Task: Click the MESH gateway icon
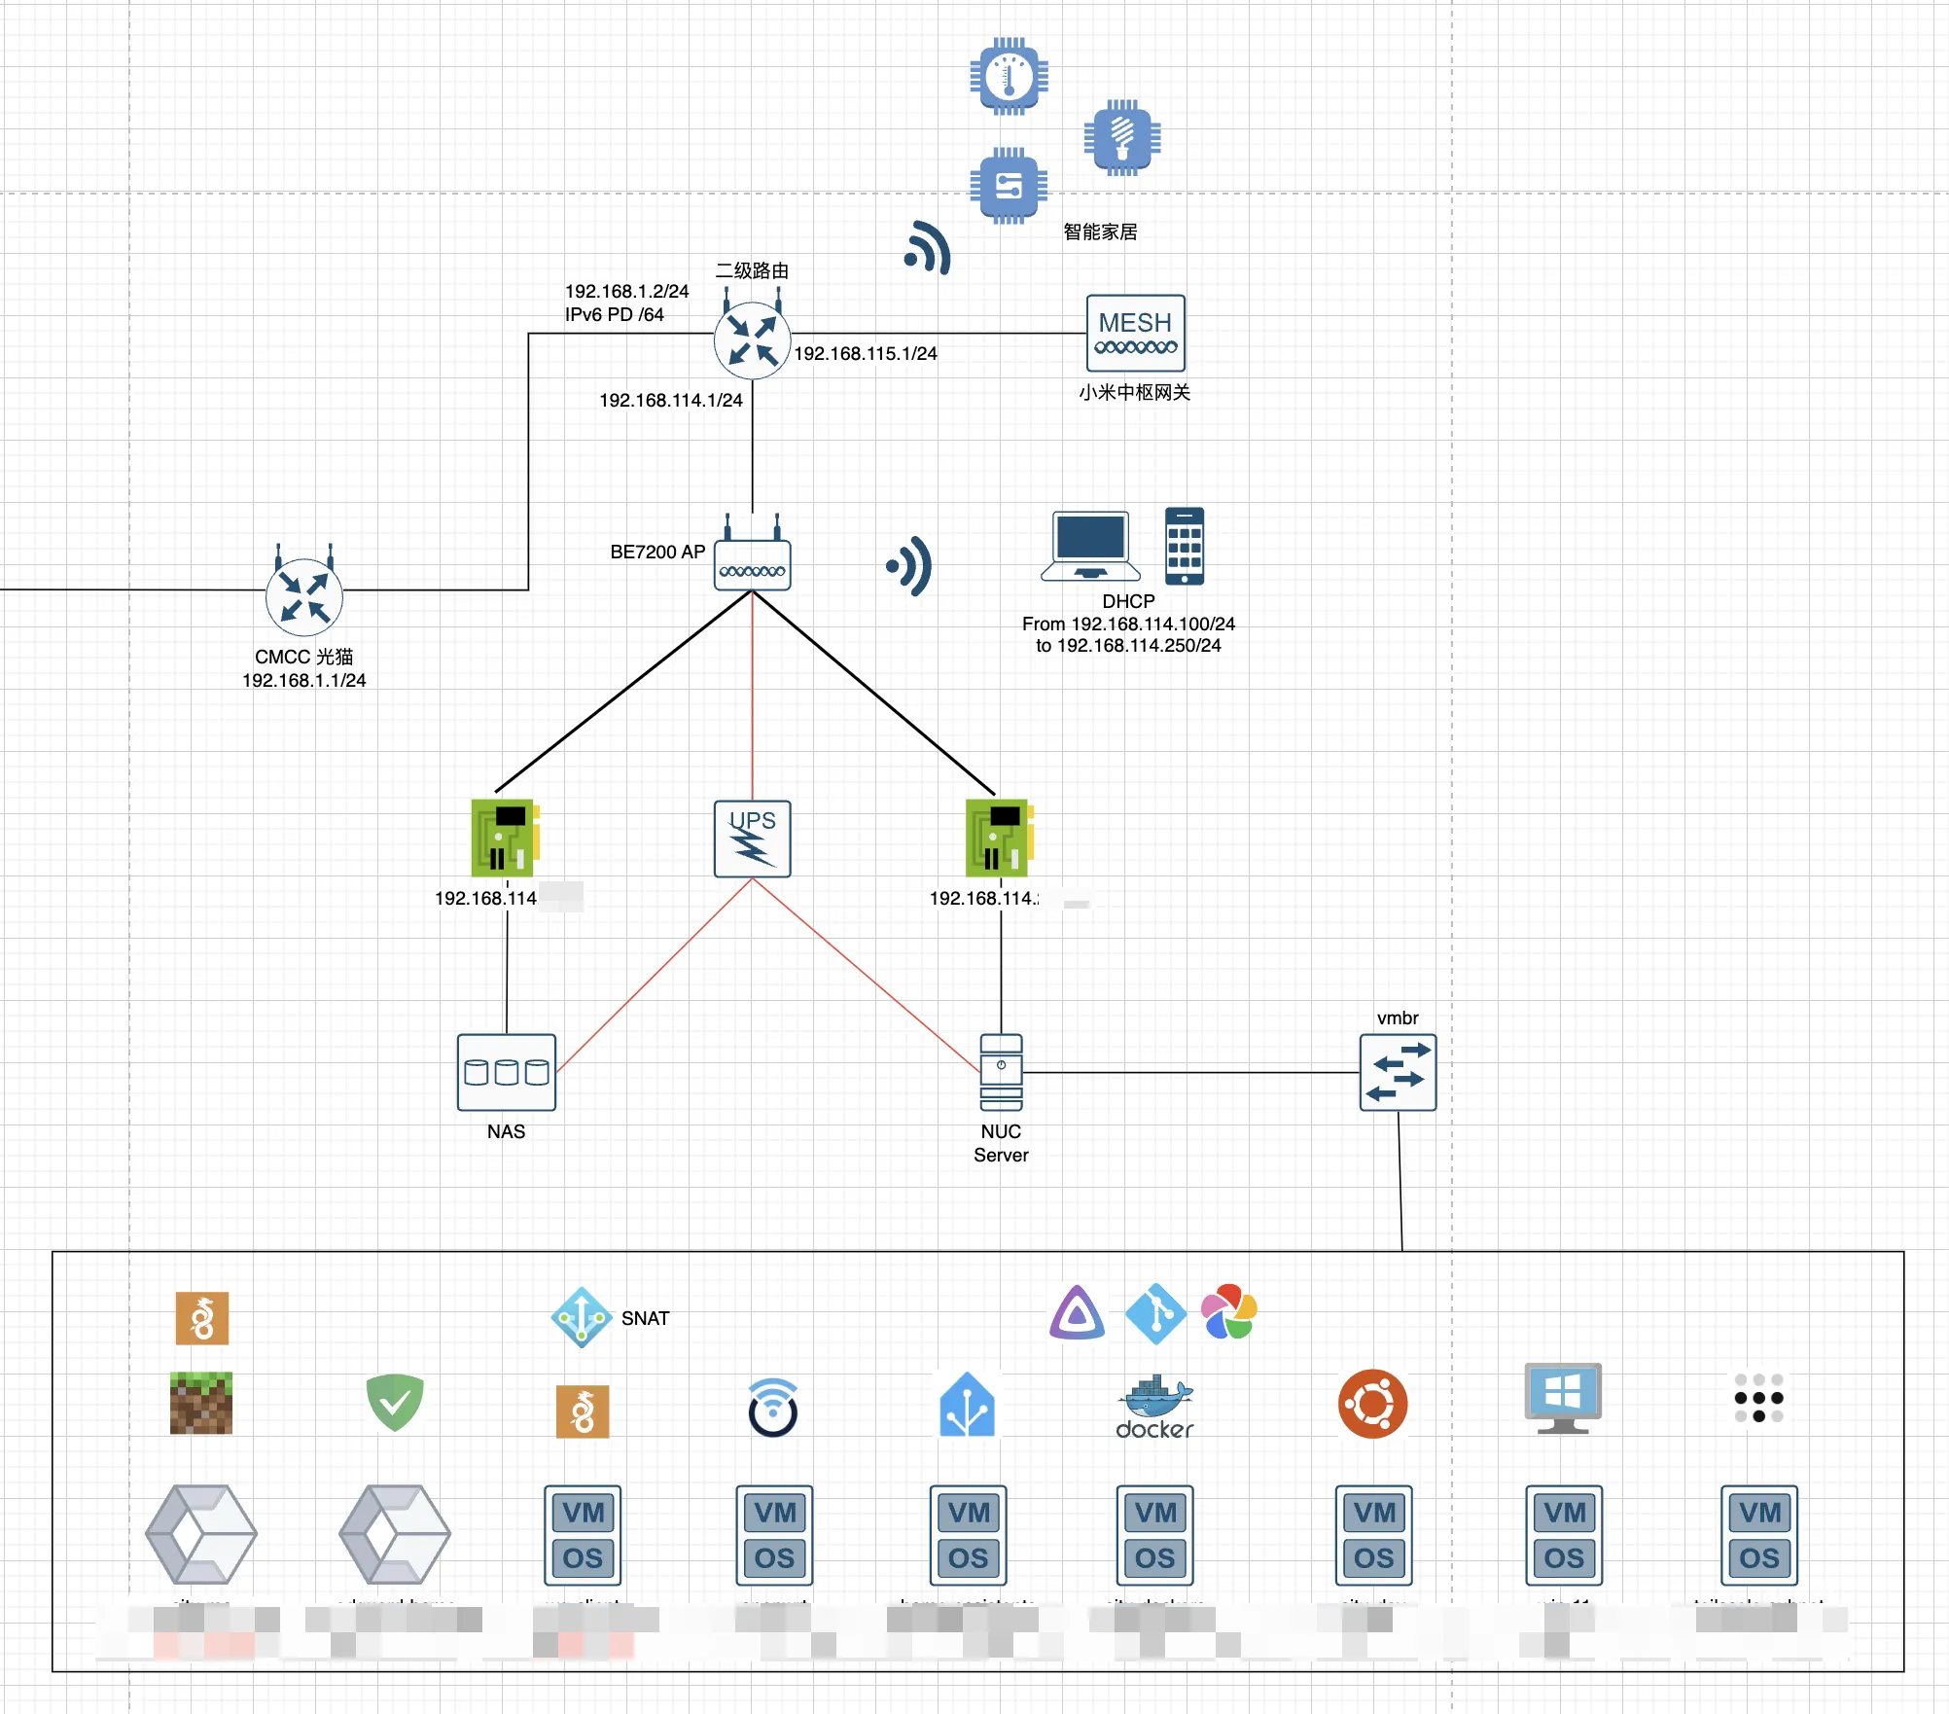pyautogui.click(x=1135, y=333)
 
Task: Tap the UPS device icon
pyautogui.click(x=752, y=839)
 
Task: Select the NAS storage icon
pyautogui.click(x=506, y=1072)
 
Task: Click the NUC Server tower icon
pyautogui.click(x=1001, y=1072)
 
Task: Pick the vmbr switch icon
pyautogui.click(x=1398, y=1072)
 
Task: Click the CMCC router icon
pyautogui.click(x=304, y=595)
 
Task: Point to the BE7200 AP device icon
pyautogui.click(x=752, y=564)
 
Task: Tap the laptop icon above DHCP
pyautogui.click(x=1090, y=546)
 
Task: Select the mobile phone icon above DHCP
pyautogui.click(x=1184, y=546)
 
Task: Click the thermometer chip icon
pyautogui.click(x=1009, y=76)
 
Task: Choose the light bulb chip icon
pyautogui.click(x=1121, y=137)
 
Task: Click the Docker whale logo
pyautogui.click(x=1154, y=1407)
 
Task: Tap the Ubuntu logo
pyautogui.click(x=1372, y=1404)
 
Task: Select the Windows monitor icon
pyautogui.click(x=1563, y=1398)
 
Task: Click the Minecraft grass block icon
pyautogui.click(x=201, y=1403)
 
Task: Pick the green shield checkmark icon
pyautogui.click(x=394, y=1403)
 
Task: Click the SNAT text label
pyautogui.click(x=645, y=1318)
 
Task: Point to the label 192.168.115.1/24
pyautogui.click(x=866, y=353)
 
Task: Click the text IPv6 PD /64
pyautogui.click(x=615, y=314)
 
